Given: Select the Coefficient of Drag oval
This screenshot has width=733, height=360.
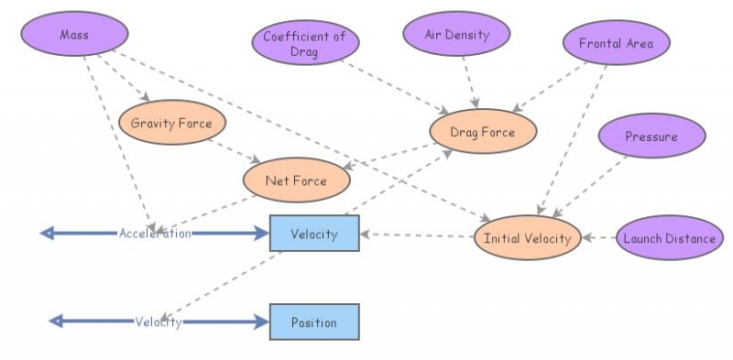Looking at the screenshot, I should click(x=304, y=43).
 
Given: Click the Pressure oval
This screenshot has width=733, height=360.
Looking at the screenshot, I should click(x=651, y=137).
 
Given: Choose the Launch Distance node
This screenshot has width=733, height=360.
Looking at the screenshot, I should click(x=668, y=239).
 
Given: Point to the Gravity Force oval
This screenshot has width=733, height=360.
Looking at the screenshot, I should click(x=171, y=123).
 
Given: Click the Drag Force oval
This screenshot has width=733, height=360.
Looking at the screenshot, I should click(x=482, y=133).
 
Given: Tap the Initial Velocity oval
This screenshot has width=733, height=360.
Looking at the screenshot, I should click(x=527, y=239).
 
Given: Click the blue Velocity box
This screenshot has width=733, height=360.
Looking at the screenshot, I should click(x=314, y=234).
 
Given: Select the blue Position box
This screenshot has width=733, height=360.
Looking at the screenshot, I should click(x=314, y=322).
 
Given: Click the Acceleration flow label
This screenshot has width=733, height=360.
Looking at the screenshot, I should click(x=155, y=234).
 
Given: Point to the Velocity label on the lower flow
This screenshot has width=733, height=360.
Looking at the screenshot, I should click(x=159, y=322).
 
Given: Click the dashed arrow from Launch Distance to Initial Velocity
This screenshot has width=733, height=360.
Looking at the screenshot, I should click(x=598, y=238).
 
